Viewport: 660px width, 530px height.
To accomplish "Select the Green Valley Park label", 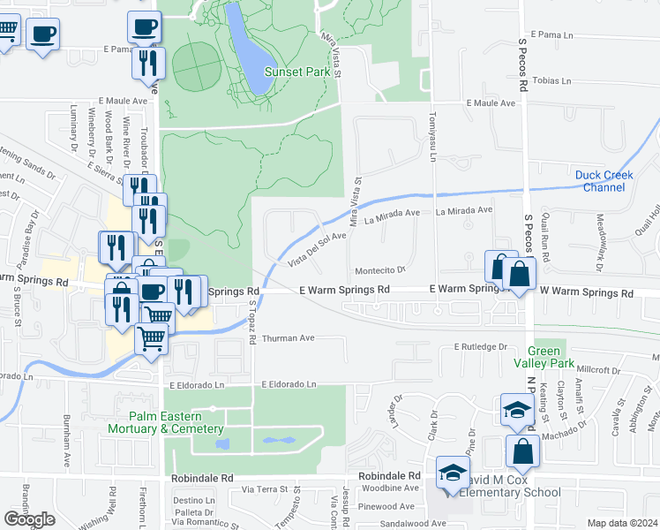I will click(544, 363).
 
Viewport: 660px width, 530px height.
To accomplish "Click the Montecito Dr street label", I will click(379, 270).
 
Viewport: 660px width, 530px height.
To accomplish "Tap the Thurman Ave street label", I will click(289, 337).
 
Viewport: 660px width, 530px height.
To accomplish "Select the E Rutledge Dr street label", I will click(481, 347).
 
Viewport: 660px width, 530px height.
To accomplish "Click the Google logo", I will click(29, 519).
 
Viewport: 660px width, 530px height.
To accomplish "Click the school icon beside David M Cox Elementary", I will click(452, 473).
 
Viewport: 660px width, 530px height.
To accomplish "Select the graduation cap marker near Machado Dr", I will click(516, 409).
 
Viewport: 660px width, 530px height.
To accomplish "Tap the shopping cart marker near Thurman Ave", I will click(152, 338).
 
